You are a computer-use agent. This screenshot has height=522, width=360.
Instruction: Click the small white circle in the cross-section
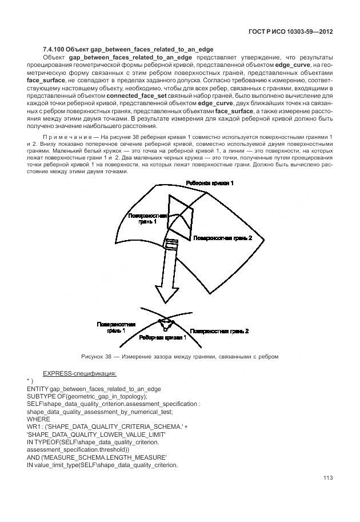coord(165,330)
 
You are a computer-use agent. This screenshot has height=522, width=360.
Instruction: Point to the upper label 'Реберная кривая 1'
coord(209,183)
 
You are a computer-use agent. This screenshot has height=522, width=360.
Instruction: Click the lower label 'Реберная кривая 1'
coord(163,338)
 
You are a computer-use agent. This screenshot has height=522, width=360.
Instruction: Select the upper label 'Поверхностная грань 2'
coord(222,237)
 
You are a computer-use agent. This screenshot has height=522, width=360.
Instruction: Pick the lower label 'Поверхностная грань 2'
coord(219,330)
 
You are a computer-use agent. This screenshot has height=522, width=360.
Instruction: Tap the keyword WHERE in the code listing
coord(38,419)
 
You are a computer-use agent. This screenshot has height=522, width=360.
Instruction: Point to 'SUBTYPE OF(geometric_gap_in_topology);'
coord(87,396)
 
